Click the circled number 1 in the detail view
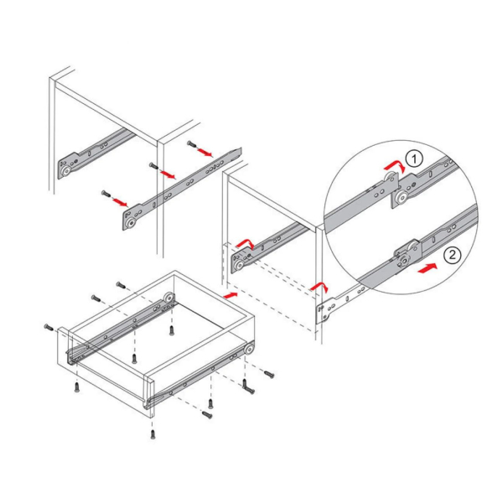coord(414,158)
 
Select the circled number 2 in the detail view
coord(452,255)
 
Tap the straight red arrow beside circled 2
coord(428,268)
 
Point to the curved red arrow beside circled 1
coord(396,166)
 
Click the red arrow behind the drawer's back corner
coord(231,295)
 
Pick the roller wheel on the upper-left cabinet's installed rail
coord(67,171)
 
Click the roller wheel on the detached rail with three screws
coord(131,223)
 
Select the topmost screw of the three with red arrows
coord(191,143)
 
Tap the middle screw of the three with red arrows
coord(153,165)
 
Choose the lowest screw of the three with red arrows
coord(106,194)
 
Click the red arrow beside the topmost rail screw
coord(205,152)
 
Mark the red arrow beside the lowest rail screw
coord(120,202)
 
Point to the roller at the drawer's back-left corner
coord(169,298)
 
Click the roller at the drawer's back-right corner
coord(249,350)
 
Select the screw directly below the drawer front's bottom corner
coord(153,434)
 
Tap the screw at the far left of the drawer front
coord(49,327)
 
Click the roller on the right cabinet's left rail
coord(239,265)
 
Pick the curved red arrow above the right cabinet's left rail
coord(246,244)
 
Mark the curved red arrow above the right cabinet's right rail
coord(319,287)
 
